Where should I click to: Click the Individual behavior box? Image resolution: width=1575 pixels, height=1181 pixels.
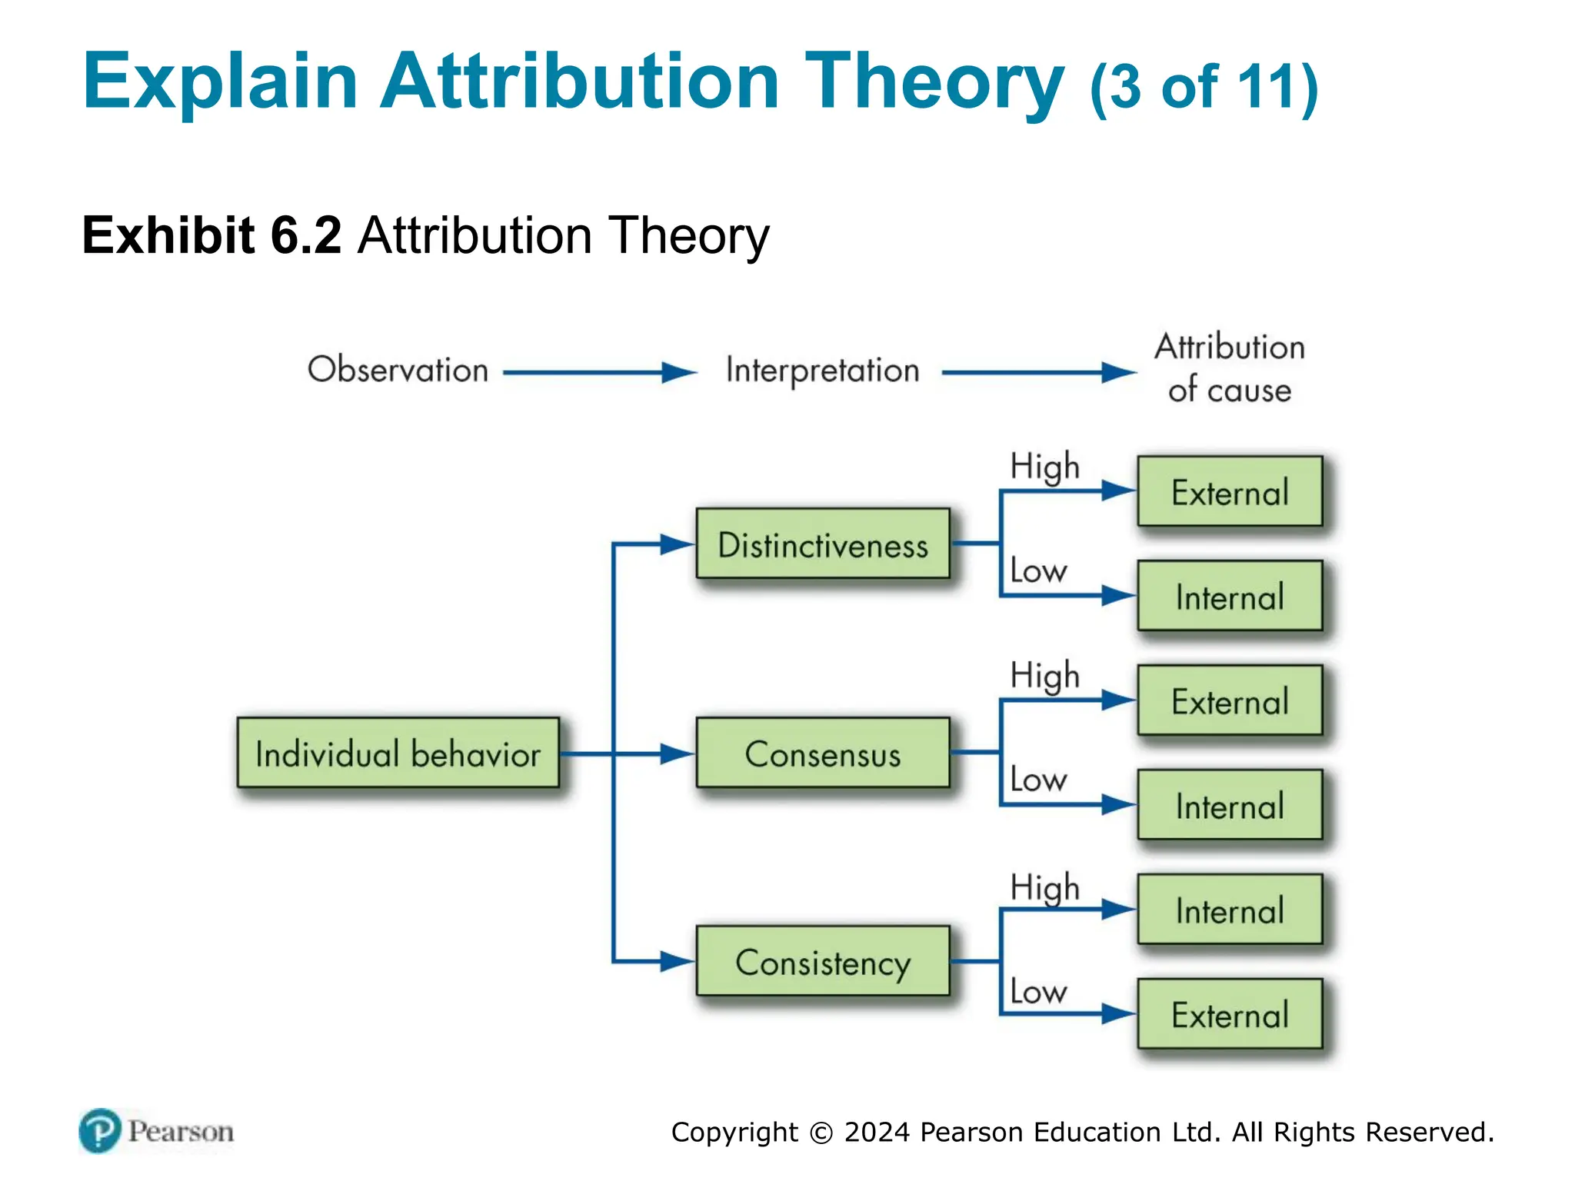pos(398,753)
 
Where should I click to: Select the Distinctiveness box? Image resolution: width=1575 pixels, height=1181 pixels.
pos(822,544)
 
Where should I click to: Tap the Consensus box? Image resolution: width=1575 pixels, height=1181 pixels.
pos(822,753)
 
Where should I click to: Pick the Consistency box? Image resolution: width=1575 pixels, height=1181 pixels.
pos(822,961)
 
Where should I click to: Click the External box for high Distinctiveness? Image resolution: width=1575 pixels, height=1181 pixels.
pos(1229,491)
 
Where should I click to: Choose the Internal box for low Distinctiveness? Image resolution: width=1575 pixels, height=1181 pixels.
pos(1229,596)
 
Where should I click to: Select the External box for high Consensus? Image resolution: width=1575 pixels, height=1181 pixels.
pos(1229,700)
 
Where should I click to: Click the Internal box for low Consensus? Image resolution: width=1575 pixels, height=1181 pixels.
pos(1229,805)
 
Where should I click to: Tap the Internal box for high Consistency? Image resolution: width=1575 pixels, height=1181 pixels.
pos(1229,910)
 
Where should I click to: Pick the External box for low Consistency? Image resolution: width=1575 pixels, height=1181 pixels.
pos(1229,1014)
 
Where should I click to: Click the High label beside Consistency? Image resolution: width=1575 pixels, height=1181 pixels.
pos(1044,888)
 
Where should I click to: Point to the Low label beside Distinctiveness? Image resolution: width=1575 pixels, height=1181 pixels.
pos(1037,571)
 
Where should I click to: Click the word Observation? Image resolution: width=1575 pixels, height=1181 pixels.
pos(398,370)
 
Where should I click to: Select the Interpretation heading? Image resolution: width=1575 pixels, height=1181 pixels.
pos(822,370)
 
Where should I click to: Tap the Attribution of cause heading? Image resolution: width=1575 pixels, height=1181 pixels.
pos(1229,368)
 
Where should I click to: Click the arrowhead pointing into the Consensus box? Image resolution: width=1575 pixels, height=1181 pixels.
pos(677,754)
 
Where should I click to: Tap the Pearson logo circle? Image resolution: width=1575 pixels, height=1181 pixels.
pos(100,1130)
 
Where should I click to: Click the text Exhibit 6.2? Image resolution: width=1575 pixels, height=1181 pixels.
pos(211,235)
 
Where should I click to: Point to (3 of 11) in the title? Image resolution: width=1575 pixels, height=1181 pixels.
pos(1204,86)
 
